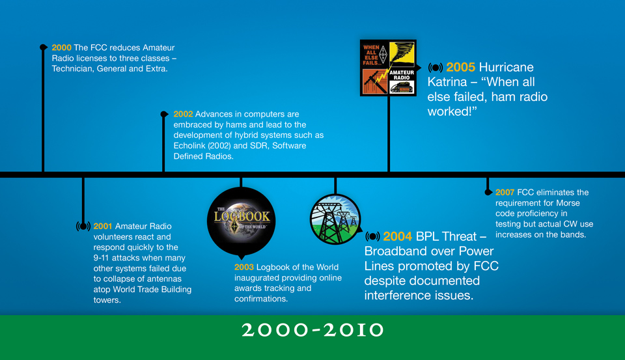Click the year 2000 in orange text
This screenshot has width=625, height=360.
(x=61, y=48)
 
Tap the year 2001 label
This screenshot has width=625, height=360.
(x=103, y=227)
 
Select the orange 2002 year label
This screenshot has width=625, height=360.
(x=184, y=115)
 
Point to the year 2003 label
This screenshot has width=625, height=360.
(x=244, y=267)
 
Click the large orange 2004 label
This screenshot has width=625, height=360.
(x=397, y=236)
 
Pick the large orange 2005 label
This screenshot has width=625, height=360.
(x=460, y=67)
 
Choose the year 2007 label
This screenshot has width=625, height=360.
(x=505, y=193)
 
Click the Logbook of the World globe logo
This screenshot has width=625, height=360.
(x=241, y=221)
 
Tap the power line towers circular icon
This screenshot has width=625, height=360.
(x=335, y=219)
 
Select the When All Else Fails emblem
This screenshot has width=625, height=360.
(x=388, y=68)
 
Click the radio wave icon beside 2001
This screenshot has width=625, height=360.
(x=83, y=227)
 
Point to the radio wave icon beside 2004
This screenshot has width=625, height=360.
(x=372, y=236)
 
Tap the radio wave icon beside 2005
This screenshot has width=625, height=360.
(x=436, y=67)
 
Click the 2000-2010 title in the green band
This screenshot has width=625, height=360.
(x=312, y=330)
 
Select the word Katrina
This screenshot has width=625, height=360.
(x=447, y=82)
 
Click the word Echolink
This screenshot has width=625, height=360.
(x=189, y=146)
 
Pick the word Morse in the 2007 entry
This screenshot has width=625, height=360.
(x=568, y=203)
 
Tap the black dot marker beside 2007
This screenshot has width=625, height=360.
(x=488, y=192)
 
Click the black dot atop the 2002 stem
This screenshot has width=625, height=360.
(x=163, y=115)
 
